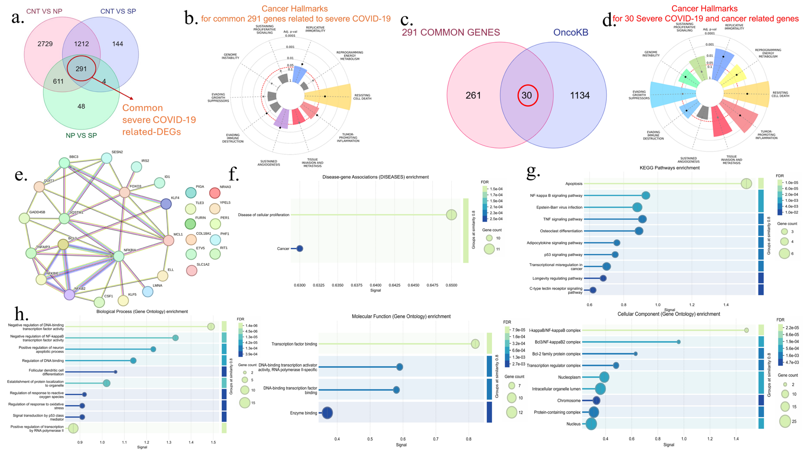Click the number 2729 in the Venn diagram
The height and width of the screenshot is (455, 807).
pos(45,44)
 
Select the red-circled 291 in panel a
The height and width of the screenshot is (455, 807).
pos(81,69)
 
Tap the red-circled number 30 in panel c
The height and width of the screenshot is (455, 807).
pos(527,95)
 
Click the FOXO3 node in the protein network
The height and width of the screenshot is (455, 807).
pos(125,192)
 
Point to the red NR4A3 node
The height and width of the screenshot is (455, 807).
pos(215,193)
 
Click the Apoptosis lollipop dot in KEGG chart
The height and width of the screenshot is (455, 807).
pos(746,184)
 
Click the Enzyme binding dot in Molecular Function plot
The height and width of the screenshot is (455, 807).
pos(327,413)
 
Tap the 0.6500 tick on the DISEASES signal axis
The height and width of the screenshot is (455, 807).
pos(451,285)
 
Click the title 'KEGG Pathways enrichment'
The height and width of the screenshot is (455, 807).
pos(669,168)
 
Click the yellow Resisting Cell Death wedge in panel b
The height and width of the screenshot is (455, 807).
pos(332,96)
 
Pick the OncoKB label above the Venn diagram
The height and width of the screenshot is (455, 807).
pos(570,32)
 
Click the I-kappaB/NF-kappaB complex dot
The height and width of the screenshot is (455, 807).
pos(746,330)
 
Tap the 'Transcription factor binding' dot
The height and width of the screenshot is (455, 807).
pos(475,344)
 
